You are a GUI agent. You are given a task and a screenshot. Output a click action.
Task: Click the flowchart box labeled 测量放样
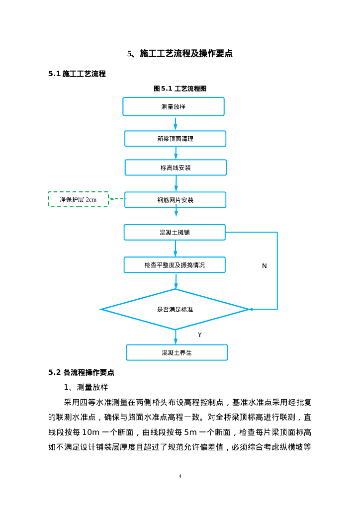[x=174, y=106]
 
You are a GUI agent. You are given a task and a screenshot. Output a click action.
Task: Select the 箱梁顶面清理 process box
[x=175, y=139]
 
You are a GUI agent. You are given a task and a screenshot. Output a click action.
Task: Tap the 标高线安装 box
[x=176, y=168]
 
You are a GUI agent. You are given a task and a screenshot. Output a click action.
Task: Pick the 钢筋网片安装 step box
[x=175, y=200]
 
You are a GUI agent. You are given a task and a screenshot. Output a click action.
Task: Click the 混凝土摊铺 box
[x=175, y=232]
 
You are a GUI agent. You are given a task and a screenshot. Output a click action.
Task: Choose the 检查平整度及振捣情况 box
[x=175, y=265]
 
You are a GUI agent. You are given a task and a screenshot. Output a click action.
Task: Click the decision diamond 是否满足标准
[x=175, y=309]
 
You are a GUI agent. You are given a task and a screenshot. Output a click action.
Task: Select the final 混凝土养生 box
[x=177, y=352]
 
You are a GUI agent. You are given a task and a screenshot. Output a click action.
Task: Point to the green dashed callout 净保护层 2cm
[x=78, y=199]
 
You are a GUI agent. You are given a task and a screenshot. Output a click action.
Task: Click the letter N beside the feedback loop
[x=265, y=266]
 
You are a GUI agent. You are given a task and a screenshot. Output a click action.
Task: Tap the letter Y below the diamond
[x=200, y=335]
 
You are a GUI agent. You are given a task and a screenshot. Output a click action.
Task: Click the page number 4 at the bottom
[x=180, y=476]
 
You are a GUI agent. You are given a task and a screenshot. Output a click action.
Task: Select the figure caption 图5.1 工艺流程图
[x=180, y=88]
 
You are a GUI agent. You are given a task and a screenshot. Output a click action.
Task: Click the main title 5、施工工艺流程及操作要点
[x=180, y=54]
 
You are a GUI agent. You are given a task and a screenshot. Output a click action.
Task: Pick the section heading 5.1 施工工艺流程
[x=77, y=74]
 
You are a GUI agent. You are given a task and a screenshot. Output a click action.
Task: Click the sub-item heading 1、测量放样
[x=86, y=387]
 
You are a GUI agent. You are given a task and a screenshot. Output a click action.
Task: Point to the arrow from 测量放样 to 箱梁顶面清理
[x=176, y=123]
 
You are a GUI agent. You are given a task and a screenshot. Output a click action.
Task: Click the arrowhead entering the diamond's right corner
[x=251, y=309]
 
